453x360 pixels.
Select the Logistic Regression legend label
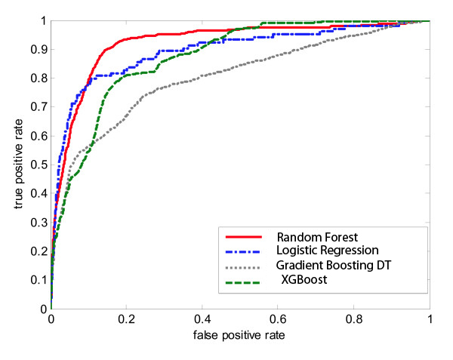tap(315, 249)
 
